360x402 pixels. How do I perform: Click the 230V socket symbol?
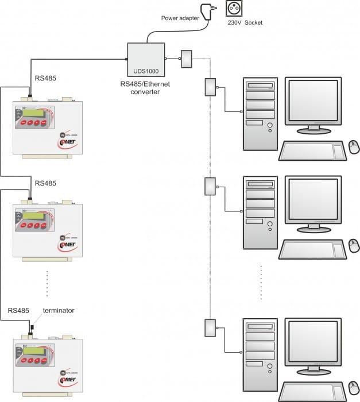coord(235,10)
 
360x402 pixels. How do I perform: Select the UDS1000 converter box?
coord(145,59)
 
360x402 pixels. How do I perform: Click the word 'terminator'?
coord(59,310)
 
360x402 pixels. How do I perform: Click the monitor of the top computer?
coord(316,103)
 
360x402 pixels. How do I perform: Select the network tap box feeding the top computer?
coord(210,87)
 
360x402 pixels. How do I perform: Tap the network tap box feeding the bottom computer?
coord(210,328)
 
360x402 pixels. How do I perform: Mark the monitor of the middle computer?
coord(316,201)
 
